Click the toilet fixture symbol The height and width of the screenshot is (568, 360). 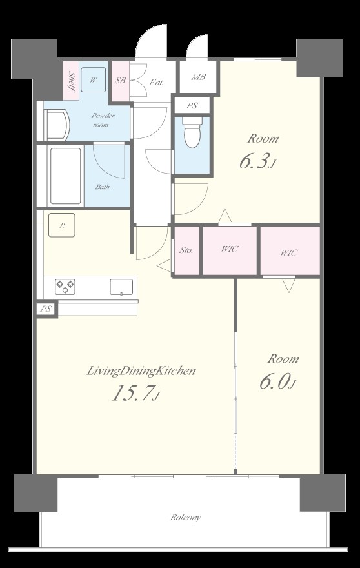pos(192,132)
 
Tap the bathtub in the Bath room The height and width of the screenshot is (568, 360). pos(66,176)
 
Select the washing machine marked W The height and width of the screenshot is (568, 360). pos(94,80)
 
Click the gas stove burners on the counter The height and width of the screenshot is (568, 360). pos(65,287)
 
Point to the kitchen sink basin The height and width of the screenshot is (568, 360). pos(121,287)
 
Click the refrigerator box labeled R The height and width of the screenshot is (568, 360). pos(62,225)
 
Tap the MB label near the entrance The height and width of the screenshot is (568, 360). pos(199,77)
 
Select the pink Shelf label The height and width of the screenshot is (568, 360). pos(72,81)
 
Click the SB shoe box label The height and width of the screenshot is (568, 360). pos(120,81)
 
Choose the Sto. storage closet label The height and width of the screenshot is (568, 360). pos(186,250)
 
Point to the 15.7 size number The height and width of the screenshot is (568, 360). pos(131,393)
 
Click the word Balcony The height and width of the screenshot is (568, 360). pos(185,517)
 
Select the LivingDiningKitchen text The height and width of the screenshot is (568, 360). pos(141,371)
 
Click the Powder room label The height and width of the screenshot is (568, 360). pos(103,120)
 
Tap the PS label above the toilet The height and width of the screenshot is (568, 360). pos(192,106)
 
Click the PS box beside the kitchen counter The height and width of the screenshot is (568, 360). pos(46,309)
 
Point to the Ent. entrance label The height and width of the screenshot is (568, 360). pos(157,83)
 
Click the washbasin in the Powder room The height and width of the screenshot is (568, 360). pos(57,125)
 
